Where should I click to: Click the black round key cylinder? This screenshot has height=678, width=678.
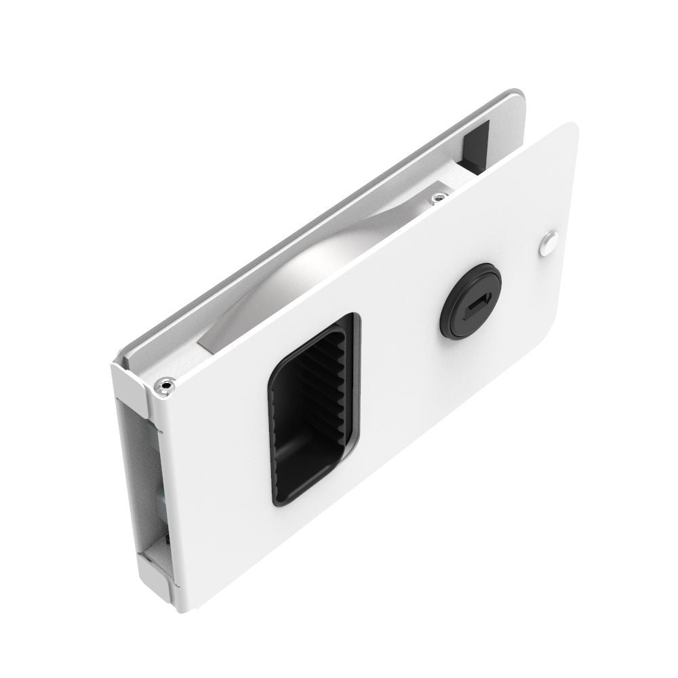(x=471, y=300)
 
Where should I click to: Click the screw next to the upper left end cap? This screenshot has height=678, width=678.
(x=165, y=386)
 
